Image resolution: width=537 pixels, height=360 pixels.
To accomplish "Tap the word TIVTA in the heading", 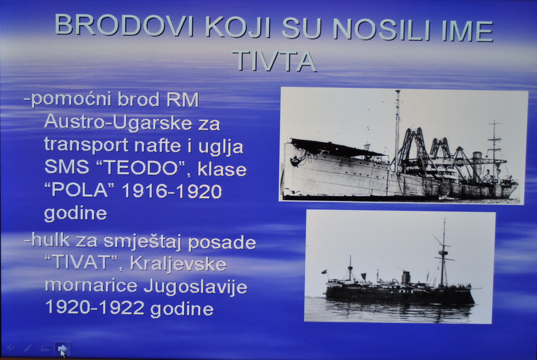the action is pyautogui.click(x=274, y=62).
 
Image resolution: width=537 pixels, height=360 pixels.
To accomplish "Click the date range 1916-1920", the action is pyautogui.click(x=172, y=192).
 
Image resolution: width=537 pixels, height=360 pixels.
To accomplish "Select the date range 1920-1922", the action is pyautogui.click(x=95, y=307).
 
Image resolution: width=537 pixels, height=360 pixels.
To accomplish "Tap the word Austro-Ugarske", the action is pyautogui.click(x=118, y=122).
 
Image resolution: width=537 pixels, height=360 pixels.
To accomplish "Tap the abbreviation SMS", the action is pyautogui.click(x=67, y=168).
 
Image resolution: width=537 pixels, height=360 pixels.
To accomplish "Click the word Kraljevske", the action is pyautogui.click(x=178, y=264).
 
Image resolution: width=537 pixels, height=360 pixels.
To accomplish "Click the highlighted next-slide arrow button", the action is pyautogui.click(x=63, y=349).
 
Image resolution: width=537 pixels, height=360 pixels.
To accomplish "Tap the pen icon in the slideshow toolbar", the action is pyautogui.click(x=28, y=348).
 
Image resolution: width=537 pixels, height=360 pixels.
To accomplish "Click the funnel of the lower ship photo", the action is pyautogui.click(x=406, y=277).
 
